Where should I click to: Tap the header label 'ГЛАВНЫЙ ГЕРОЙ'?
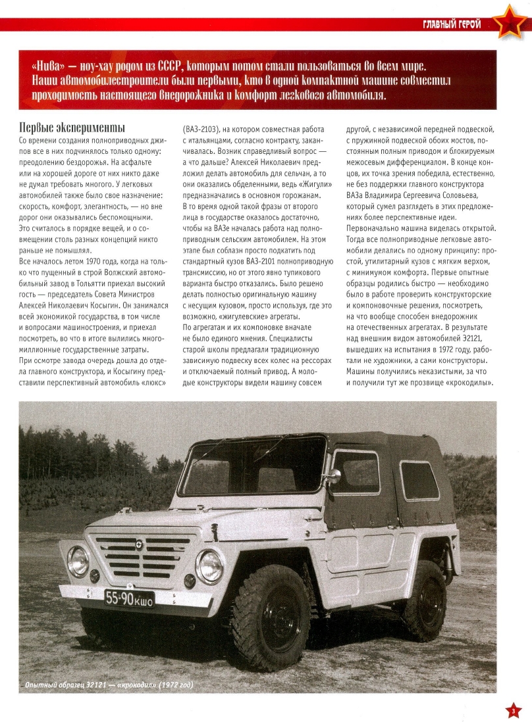click(452, 25)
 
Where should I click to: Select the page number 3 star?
click(514, 710)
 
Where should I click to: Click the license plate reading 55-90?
click(130, 598)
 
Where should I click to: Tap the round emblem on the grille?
click(140, 543)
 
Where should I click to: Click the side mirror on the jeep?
click(334, 475)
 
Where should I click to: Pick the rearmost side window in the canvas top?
click(419, 480)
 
